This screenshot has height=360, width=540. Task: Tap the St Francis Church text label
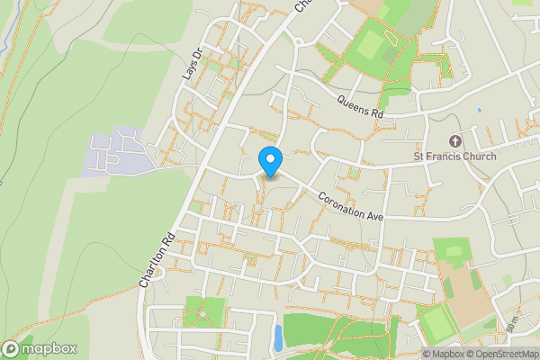(454, 156)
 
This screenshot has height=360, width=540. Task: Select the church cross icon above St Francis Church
(454, 141)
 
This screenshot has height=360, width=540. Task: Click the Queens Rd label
(360, 108)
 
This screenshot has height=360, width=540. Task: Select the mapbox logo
(40, 348)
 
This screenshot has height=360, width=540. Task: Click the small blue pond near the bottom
(277, 338)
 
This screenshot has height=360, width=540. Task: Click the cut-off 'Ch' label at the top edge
(304, 5)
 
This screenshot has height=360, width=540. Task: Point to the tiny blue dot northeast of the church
(480, 110)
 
